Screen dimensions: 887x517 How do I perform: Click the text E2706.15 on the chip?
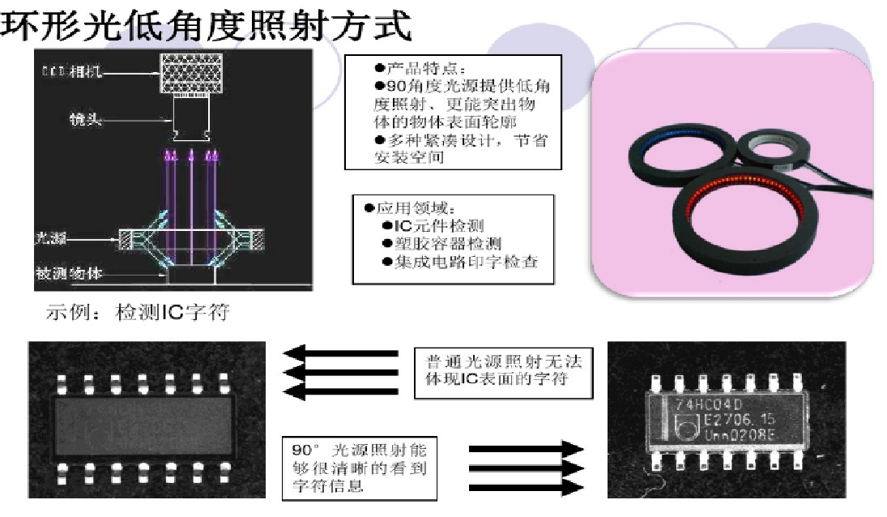pos(727,420)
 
